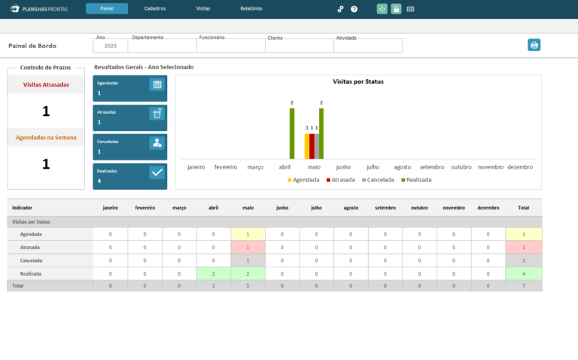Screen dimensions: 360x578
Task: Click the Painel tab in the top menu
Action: (x=106, y=8)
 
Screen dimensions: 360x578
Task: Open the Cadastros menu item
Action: (x=155, y=8)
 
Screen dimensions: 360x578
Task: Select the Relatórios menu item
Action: (x=251, y=8)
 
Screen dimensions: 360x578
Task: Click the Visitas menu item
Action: (x=203, y=8)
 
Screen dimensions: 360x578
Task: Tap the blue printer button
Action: (x=534, y=45)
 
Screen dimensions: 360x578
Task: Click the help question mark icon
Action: (x=354, y=9)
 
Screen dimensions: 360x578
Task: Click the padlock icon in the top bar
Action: (x=396, y=9)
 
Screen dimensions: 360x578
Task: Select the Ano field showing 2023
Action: (x=110, y=46)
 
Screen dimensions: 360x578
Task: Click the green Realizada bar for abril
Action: (x=291, y=133)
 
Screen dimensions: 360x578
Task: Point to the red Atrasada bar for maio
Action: (x=312, y=146)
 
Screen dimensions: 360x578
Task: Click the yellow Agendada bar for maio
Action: (x=307, y=146)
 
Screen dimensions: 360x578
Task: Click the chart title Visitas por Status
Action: (x=358, y=81)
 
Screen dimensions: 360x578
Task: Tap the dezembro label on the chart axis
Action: (x=520, y=166)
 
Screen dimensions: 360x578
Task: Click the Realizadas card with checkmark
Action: (x=130, y=176)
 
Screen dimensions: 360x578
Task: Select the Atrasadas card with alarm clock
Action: (x=130, y=117)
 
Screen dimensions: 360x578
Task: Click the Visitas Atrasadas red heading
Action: (x=46, y=85)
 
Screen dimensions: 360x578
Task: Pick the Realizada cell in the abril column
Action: (x=214, y=274)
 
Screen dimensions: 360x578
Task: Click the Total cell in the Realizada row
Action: (x=523, y=274)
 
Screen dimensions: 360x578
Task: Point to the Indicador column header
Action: (x=23, y=207)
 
